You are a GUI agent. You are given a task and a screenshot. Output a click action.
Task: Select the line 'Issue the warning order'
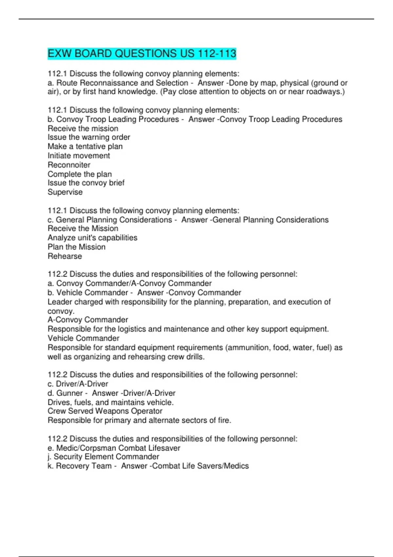(x=89, y=137)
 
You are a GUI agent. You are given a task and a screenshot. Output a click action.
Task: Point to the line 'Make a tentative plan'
(x=85, y=146)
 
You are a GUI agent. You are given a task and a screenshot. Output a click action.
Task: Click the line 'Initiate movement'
(x=79, y=156)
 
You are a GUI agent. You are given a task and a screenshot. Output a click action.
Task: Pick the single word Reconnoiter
(x=69, y=165)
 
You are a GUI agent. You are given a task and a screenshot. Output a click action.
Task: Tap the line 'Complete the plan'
(x=80, y=174)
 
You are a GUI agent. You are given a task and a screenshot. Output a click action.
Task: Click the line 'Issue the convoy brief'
(x=86, y=183)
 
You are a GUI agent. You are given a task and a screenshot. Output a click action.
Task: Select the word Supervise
(x=65, y=192)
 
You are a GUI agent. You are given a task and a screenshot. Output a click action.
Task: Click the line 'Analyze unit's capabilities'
(x=92, y=238)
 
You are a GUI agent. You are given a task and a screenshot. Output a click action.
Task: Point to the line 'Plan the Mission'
(x=76, y=247)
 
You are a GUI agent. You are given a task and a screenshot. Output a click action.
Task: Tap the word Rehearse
(x=65, y=256)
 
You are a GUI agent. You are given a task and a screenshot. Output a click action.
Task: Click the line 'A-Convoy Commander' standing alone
(x=88, y=319)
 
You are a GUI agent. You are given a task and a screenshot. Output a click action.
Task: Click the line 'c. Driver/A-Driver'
(x=78, y=384)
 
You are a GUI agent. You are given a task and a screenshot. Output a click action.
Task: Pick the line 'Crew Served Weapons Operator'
(x=105, y=411)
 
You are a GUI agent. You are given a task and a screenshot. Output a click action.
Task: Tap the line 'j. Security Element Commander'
(x=103, y=456)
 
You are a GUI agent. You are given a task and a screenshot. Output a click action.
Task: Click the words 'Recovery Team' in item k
(x=84, y=466)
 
